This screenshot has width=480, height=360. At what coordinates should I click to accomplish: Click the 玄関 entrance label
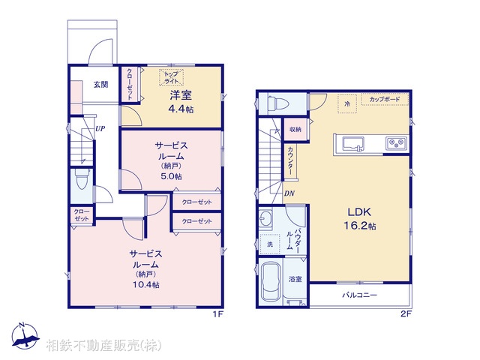pos(100,85)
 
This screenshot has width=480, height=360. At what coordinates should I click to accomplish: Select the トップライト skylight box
pos(171,77)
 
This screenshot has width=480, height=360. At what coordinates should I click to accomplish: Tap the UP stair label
pos(100,128)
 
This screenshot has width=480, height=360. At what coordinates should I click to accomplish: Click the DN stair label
pos(289,193)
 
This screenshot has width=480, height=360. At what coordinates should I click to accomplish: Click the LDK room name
pos(357,212)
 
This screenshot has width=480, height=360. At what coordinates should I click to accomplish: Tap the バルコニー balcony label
pos(360,295)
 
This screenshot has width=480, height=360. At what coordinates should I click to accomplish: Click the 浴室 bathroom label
pos(295,280)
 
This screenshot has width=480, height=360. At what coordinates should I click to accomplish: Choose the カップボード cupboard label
pos(385,99)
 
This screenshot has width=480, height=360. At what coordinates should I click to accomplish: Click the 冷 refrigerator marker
pos(346,103)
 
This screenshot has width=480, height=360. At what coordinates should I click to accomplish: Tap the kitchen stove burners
pos(395,142)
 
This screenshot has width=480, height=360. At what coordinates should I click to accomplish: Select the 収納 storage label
pos(295,129)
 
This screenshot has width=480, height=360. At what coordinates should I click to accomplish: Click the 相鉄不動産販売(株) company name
pos(103,346)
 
